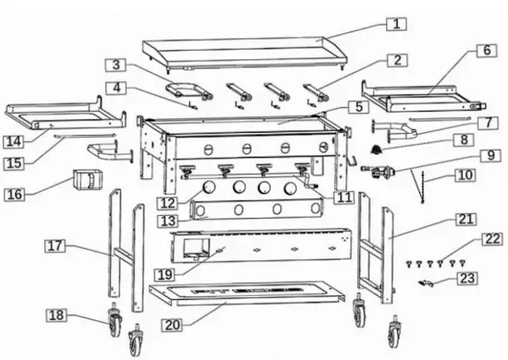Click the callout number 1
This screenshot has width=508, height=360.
point(396,24)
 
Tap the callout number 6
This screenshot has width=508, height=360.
point(486,52)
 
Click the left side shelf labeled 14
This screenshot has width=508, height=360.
point(65,115)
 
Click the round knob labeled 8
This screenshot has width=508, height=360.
point(377,149)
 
